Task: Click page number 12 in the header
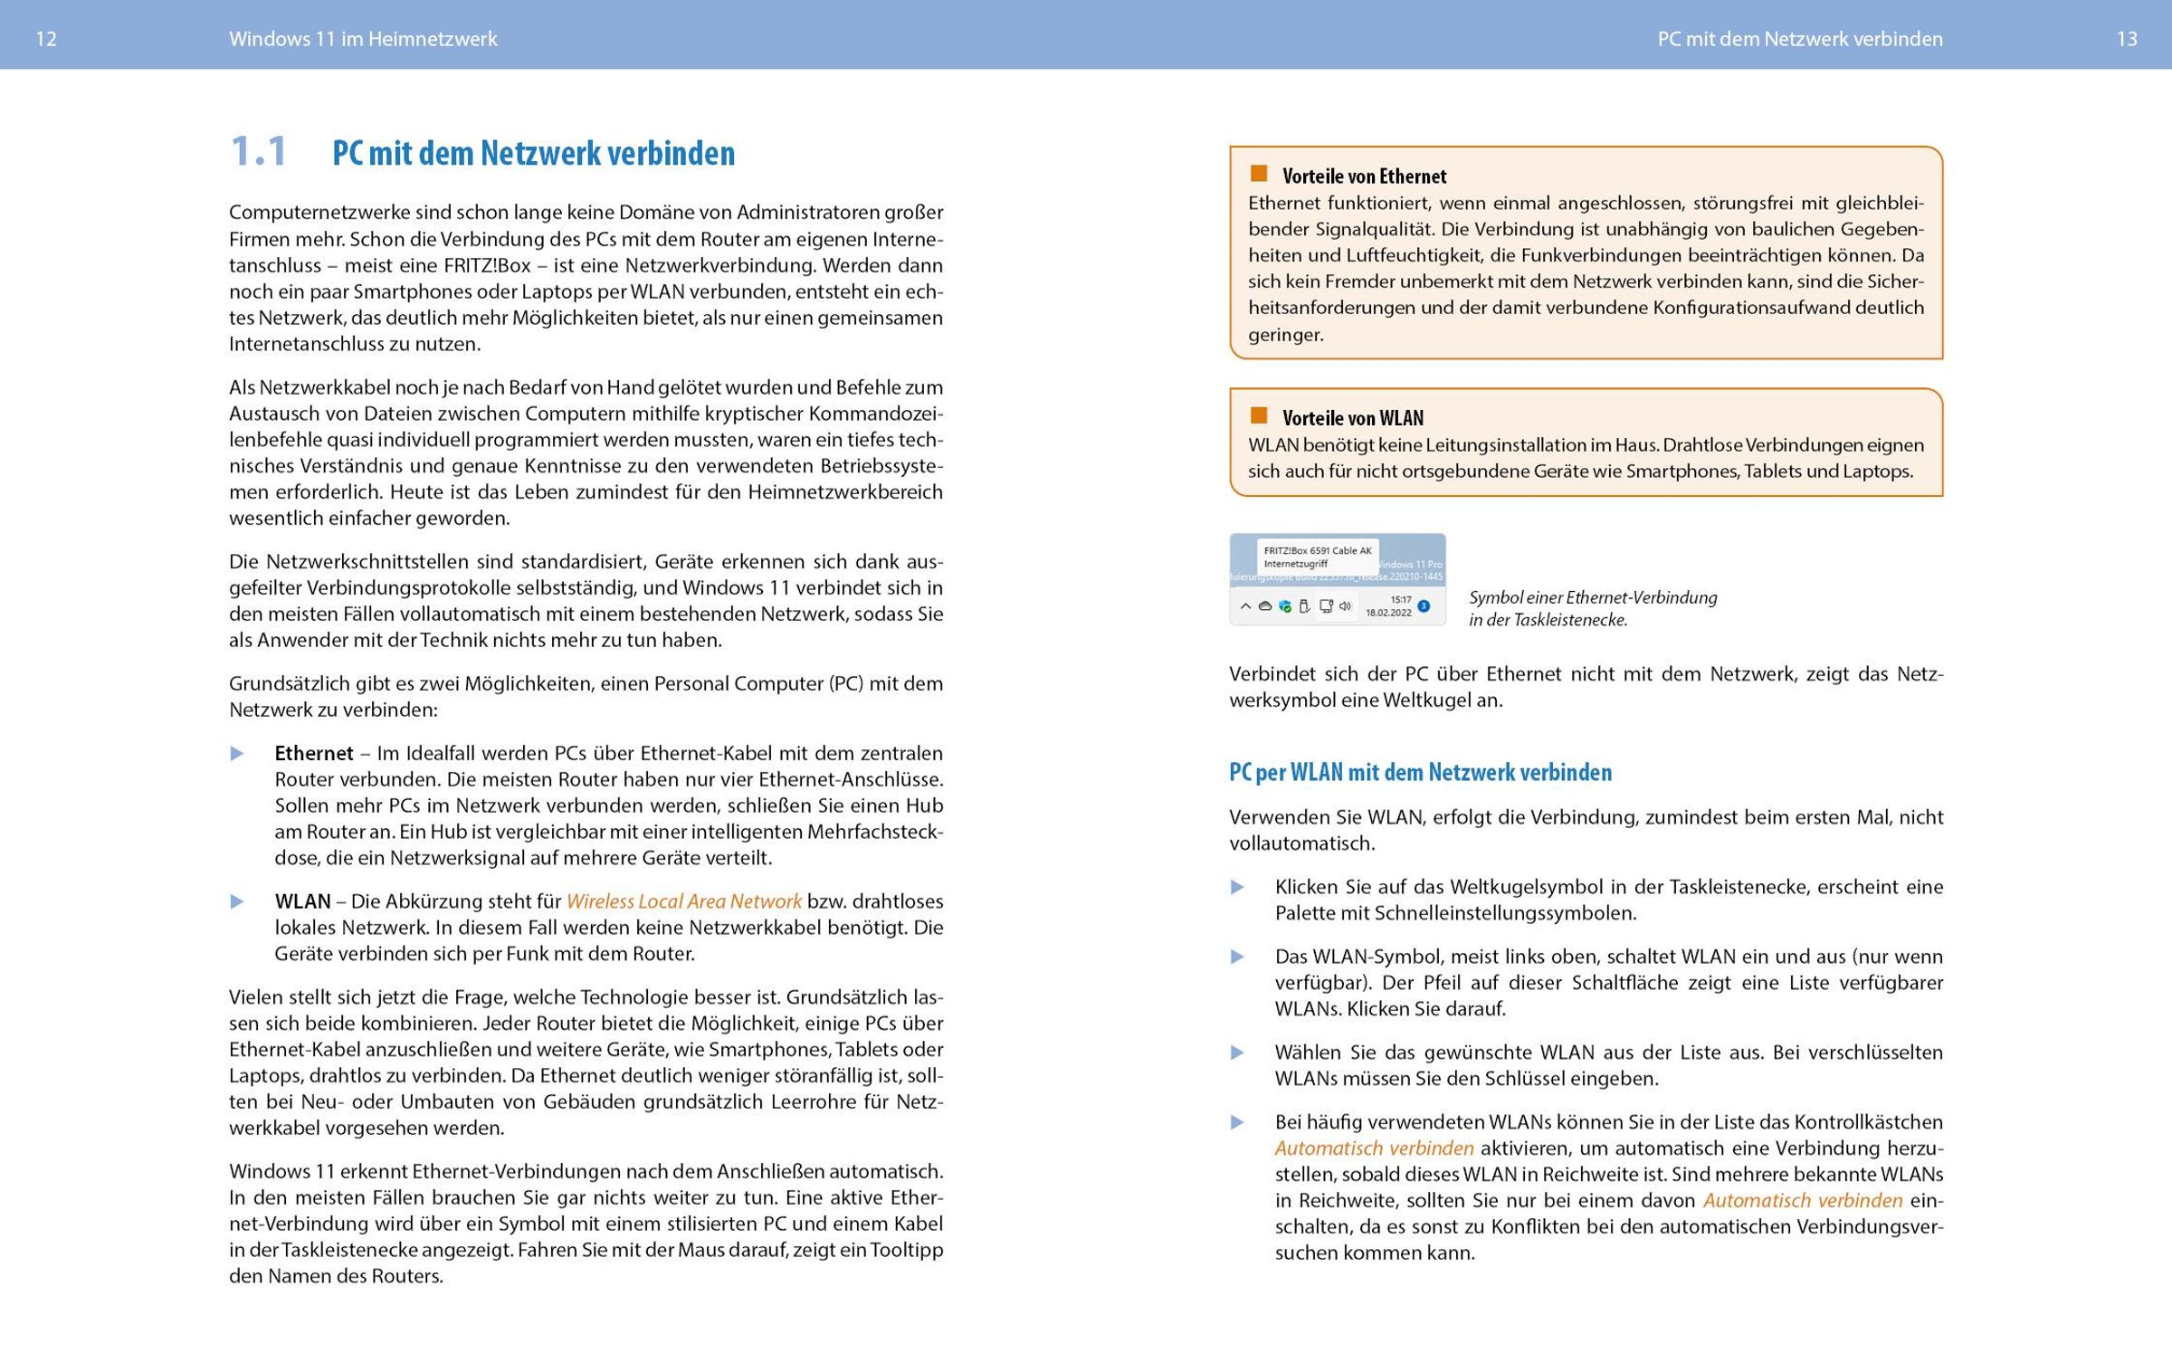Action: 45,39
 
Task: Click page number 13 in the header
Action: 2127,39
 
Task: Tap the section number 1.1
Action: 259,151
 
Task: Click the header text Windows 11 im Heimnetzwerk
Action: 363,39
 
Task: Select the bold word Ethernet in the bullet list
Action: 314,753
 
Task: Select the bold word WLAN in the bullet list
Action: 302,901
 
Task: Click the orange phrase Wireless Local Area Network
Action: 683,901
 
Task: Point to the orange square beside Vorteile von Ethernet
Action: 1259,173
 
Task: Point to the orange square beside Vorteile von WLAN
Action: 1259,415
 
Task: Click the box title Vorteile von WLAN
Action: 1352,418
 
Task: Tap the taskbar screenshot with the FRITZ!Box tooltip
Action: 1337,579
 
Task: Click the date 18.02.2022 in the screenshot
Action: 1388,613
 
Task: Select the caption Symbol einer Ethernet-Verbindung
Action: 1592,597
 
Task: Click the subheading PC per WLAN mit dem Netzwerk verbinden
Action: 1420,772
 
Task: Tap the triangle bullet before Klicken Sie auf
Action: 1237,888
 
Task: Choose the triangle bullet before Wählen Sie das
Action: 1237,1053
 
